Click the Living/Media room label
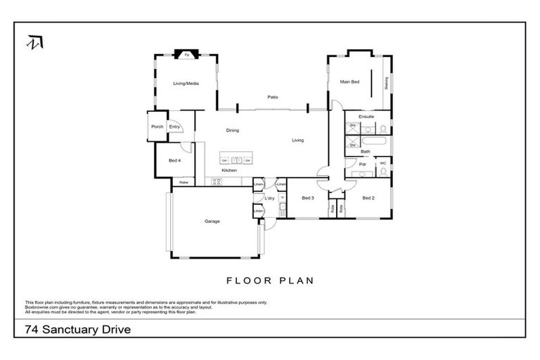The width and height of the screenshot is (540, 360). click(186, 84)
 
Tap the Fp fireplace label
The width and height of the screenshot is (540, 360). click(186, 54)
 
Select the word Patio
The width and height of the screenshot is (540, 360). click(273, 97)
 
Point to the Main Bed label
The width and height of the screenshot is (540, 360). click(349, 82)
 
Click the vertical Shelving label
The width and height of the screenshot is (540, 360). click(386, 82)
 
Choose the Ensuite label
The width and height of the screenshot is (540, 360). click(366, 116)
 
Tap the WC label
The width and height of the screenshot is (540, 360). click(383, 163)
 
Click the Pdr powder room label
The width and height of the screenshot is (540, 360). click(362, 164)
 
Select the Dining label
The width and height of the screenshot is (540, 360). click(232, 130)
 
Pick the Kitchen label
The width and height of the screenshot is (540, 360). click(229, 171)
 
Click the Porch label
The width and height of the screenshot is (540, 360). click(157, 127)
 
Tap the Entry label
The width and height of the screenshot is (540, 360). click(174, 127)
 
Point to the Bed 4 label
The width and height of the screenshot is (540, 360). click(175, 160)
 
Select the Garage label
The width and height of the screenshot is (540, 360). click(212, 221)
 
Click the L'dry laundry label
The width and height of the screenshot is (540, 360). click(269, 198)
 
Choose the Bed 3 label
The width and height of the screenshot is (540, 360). click(307, 198)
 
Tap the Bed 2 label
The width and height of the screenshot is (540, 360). click(368, 198)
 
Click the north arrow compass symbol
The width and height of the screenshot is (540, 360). click(32, 41)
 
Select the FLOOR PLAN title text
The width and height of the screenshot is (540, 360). click(269, 280)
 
